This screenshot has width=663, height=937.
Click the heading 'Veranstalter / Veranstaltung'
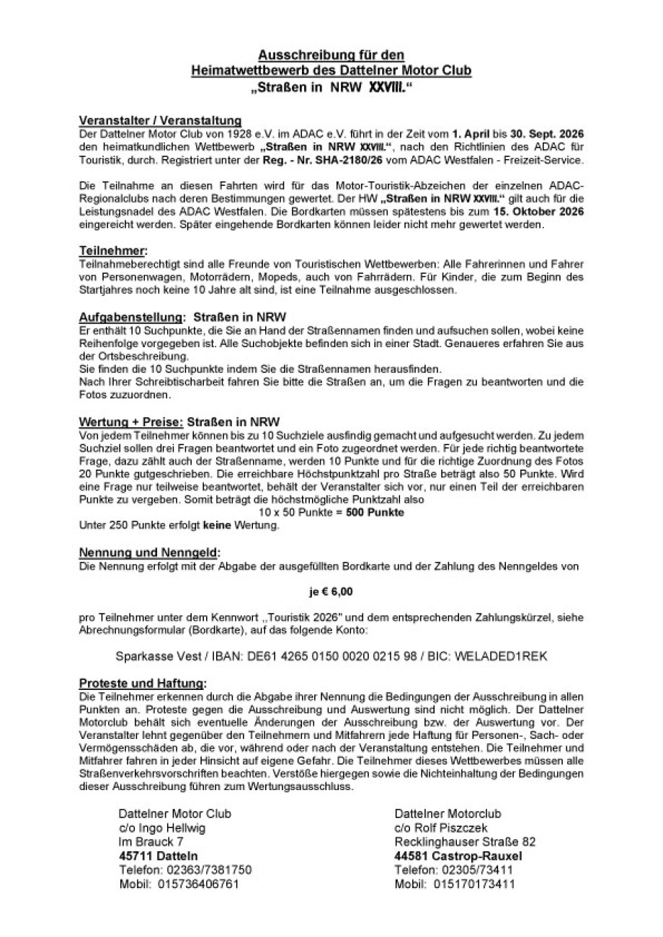tap(159, 121)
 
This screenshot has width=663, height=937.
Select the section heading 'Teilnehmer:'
tap(113, 251)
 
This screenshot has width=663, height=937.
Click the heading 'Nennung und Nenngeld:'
tap(149, 553)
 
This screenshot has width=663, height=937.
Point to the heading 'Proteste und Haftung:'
tap(143, 683)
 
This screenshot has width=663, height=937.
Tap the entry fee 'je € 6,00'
tap(331, 592)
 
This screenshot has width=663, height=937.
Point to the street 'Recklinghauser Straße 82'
tap(465, 842)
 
